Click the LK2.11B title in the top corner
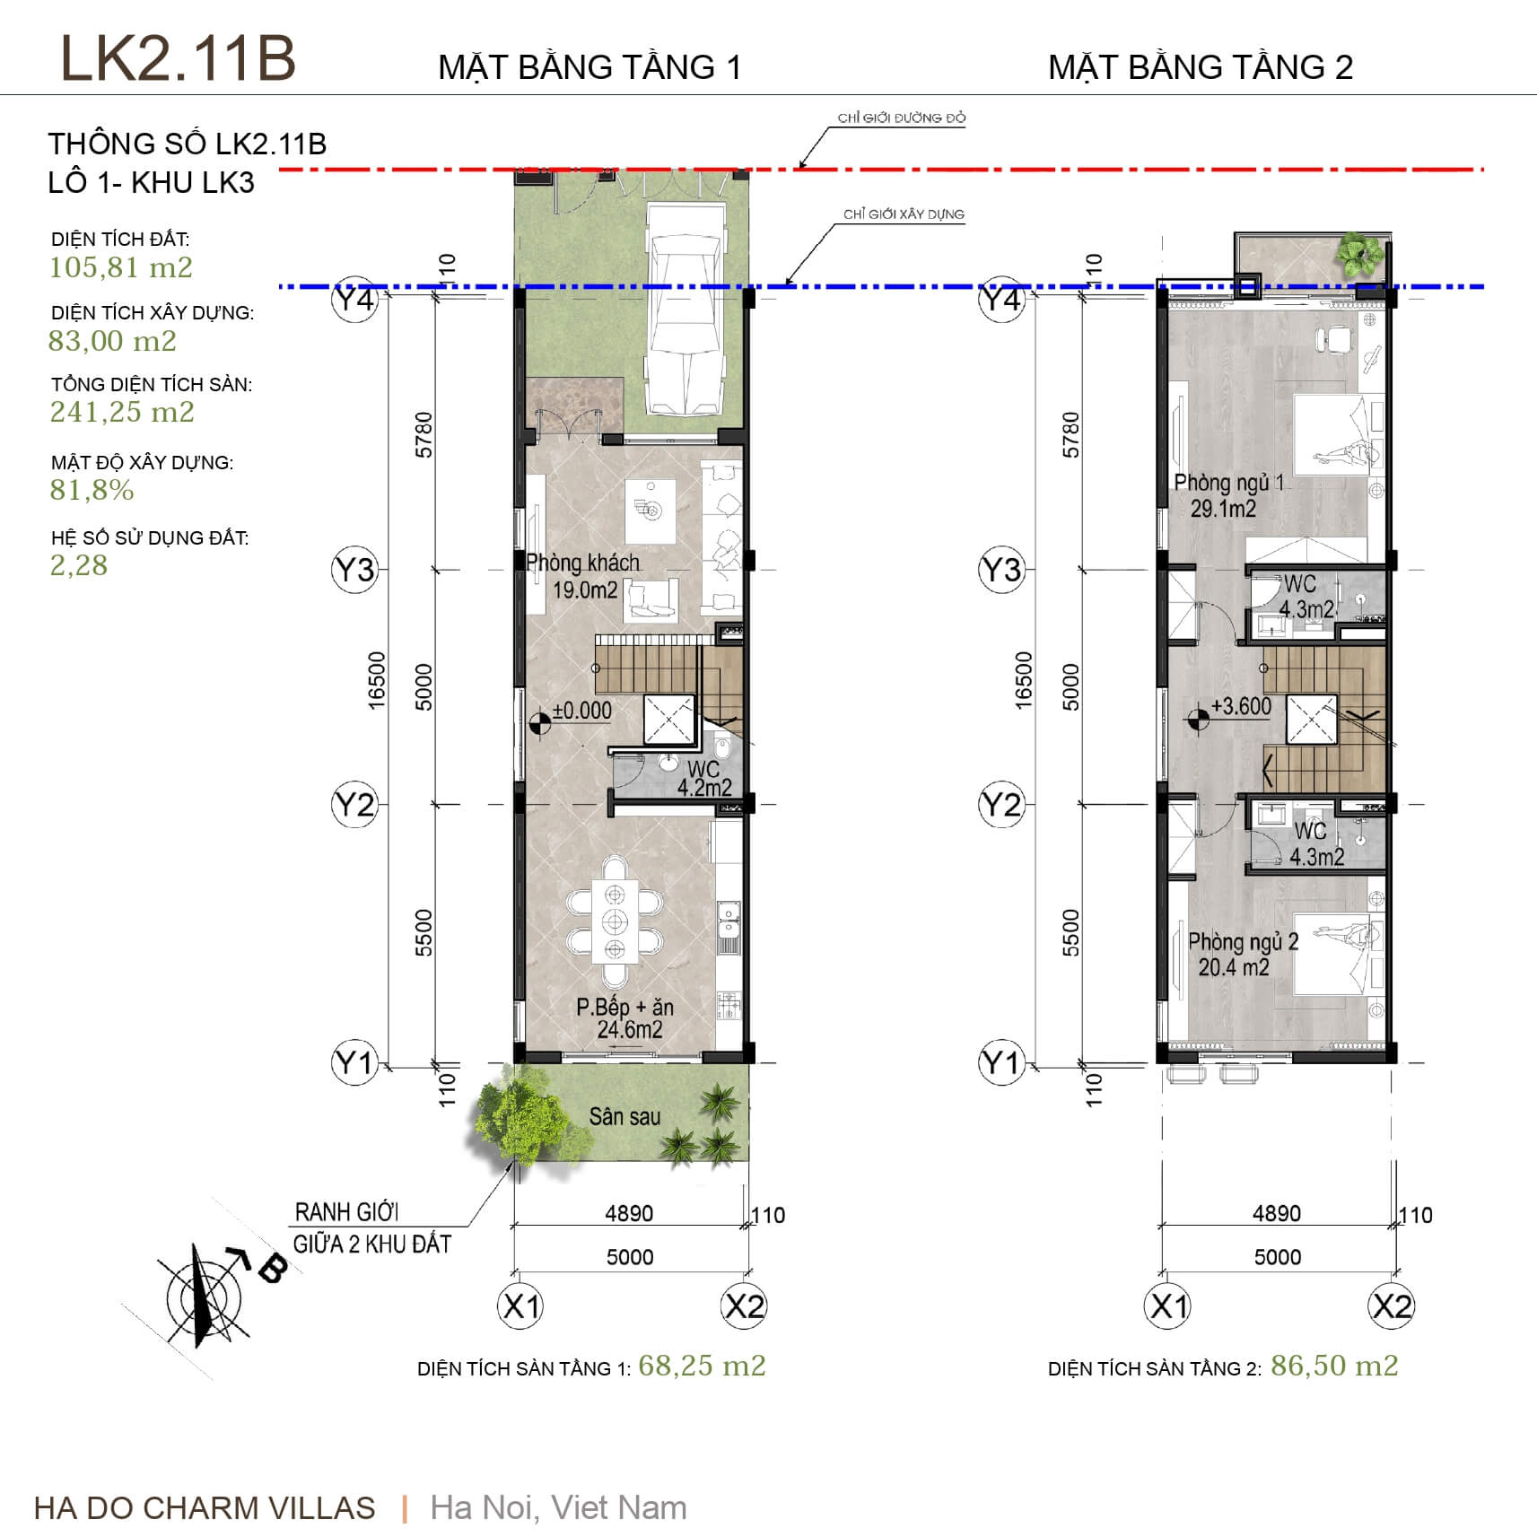coord(178,58)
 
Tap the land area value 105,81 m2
coord(121,267)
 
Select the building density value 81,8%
coord(92,490)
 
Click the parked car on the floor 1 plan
coord(686,310)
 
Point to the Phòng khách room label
coord(583,563)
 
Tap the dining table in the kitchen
coord(615,921)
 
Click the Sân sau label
coord(624,1116)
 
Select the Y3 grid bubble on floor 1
coord(354,570)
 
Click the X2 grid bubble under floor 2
coord(1391,1306)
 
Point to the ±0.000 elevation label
coord(582,711)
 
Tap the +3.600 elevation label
coord(1241,706)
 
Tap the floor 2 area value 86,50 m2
coord(1334,1366)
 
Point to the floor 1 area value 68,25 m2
coord(702,1366)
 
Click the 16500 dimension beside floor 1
coord(377,681)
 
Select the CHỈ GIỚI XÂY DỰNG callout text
coord(904,214)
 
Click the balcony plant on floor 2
coord(1358,251)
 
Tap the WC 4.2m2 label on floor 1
coord(704,778)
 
